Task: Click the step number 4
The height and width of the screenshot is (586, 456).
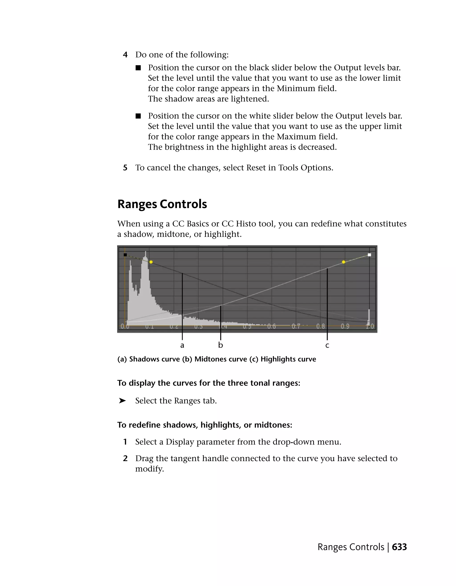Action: coord(125,55)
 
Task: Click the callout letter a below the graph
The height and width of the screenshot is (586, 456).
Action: coord(182,345)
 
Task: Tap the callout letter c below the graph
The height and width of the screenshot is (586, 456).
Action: coord(327,346)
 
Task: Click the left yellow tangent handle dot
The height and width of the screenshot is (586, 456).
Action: coord(151,262)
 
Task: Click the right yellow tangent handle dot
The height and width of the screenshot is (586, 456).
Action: coord(344,262)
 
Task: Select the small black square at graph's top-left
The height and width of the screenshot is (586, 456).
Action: coord(125,255)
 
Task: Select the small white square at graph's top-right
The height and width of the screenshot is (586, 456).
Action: coord(369,255)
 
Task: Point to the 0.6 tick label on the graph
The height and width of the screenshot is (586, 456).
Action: coord(271,326)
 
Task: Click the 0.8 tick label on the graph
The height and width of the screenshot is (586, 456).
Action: coord(320,326)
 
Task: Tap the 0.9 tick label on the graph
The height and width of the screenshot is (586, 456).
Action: coord(345,326)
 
